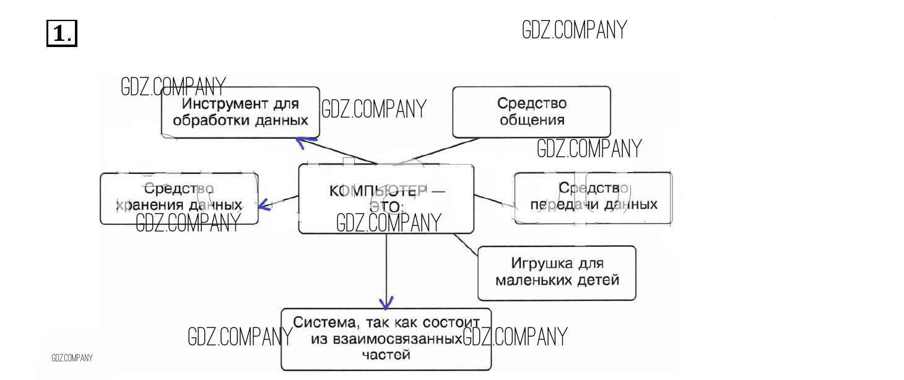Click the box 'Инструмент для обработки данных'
[240, 111]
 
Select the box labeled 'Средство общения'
[531, 111]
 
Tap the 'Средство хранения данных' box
[179, 198]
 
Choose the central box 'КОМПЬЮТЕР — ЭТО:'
[386, 199]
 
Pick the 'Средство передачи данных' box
[593, 197]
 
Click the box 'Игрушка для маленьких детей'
[557, 272]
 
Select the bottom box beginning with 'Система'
[386, 339]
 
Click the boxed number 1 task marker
[61, 33]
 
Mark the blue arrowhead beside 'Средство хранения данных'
[264, 204]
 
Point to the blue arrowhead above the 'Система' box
[386, 303]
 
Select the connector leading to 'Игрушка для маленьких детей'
[466, 244]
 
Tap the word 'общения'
[532, 120]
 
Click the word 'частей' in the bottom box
[386, 355]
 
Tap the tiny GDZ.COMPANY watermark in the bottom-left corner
[72, 358]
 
